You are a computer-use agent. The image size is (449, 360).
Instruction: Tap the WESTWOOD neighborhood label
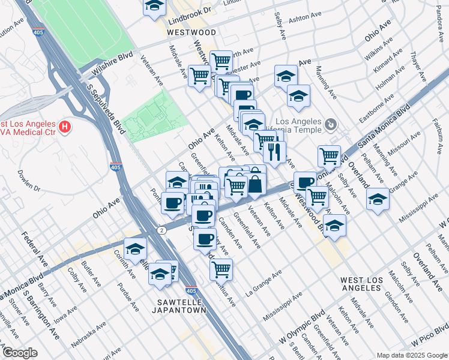pyautogui.click(x=191, y=32)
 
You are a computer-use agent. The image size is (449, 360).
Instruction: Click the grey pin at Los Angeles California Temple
pyautogui.click(x=330, y=125)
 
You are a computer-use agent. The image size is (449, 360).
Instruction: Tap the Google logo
pyautogui.click(x=19, y=353)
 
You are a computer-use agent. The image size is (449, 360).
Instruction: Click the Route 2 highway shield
pyautogui.click(x=162, y=230)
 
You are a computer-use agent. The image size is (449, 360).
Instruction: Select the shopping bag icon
pyautogui.click(x=255, y=184)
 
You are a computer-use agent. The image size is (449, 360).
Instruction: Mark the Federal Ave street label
pyautogui.click(x=35, y=250)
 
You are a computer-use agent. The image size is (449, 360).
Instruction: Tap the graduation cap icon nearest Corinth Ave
pyautogui.click(x=136, y=248)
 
